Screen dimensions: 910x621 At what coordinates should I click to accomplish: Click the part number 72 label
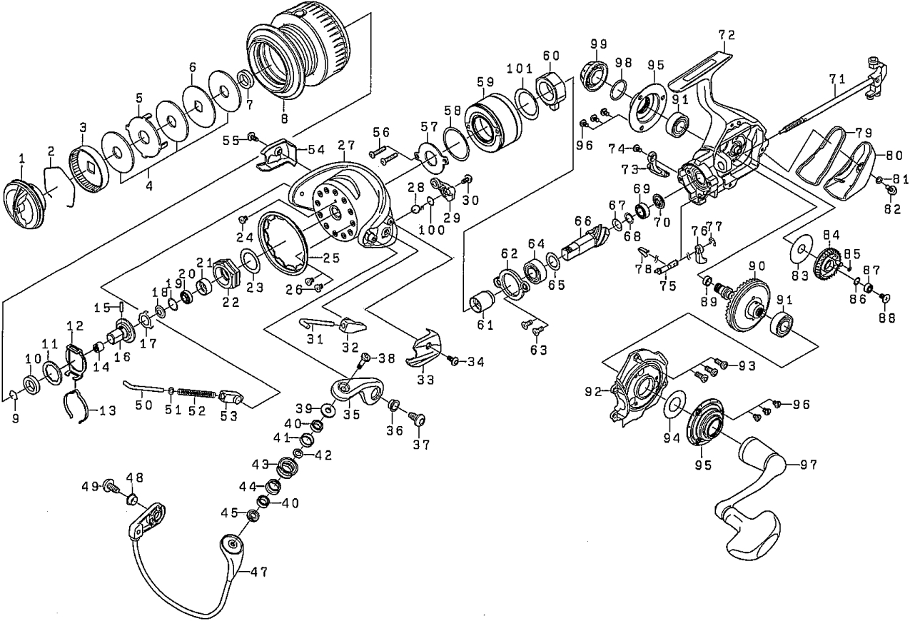[x=727, y=36]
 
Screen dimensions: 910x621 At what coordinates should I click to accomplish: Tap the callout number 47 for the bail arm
[x=259, y=572]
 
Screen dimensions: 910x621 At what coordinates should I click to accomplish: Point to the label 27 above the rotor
[x=345, y=145]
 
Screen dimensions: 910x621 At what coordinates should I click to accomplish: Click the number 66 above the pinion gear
[x=583, y=221]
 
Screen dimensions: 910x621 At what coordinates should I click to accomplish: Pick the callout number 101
[x=520, y=69]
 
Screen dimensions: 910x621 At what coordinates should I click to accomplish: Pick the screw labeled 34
[x=454, y=359]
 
